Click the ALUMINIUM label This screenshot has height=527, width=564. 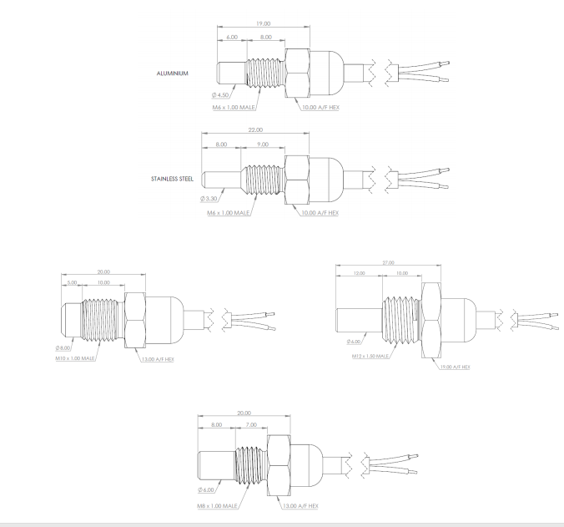(x=173, y=73)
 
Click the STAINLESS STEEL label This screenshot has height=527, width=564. (x=173, y=179)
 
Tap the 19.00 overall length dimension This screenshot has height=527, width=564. (x=263, y=23)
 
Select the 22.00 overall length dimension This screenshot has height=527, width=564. (x=255, y=130)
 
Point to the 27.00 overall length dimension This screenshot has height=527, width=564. (x=388, y=263)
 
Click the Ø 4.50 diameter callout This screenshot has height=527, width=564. (x=220, y=95)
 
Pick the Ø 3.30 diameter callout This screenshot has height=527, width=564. (x=209, y=199)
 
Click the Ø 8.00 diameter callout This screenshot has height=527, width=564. (x=63, y=348)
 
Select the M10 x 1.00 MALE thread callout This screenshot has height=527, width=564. (x=75, y=358)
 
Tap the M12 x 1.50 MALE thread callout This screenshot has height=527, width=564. (x=370, y=356)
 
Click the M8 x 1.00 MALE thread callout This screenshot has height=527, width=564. (x=217, y=506)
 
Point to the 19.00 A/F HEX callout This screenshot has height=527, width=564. (x=455, y=367)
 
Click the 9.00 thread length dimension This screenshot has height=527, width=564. (x=263, y=144)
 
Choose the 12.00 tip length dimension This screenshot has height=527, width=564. (x=359, y=273)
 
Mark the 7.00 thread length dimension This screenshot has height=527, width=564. (x=251, y=425)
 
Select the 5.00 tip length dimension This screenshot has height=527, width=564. (x=72, y=282)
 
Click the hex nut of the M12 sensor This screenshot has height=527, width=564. (x=431, y=321)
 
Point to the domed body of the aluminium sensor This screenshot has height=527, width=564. (x=325, y=73)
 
